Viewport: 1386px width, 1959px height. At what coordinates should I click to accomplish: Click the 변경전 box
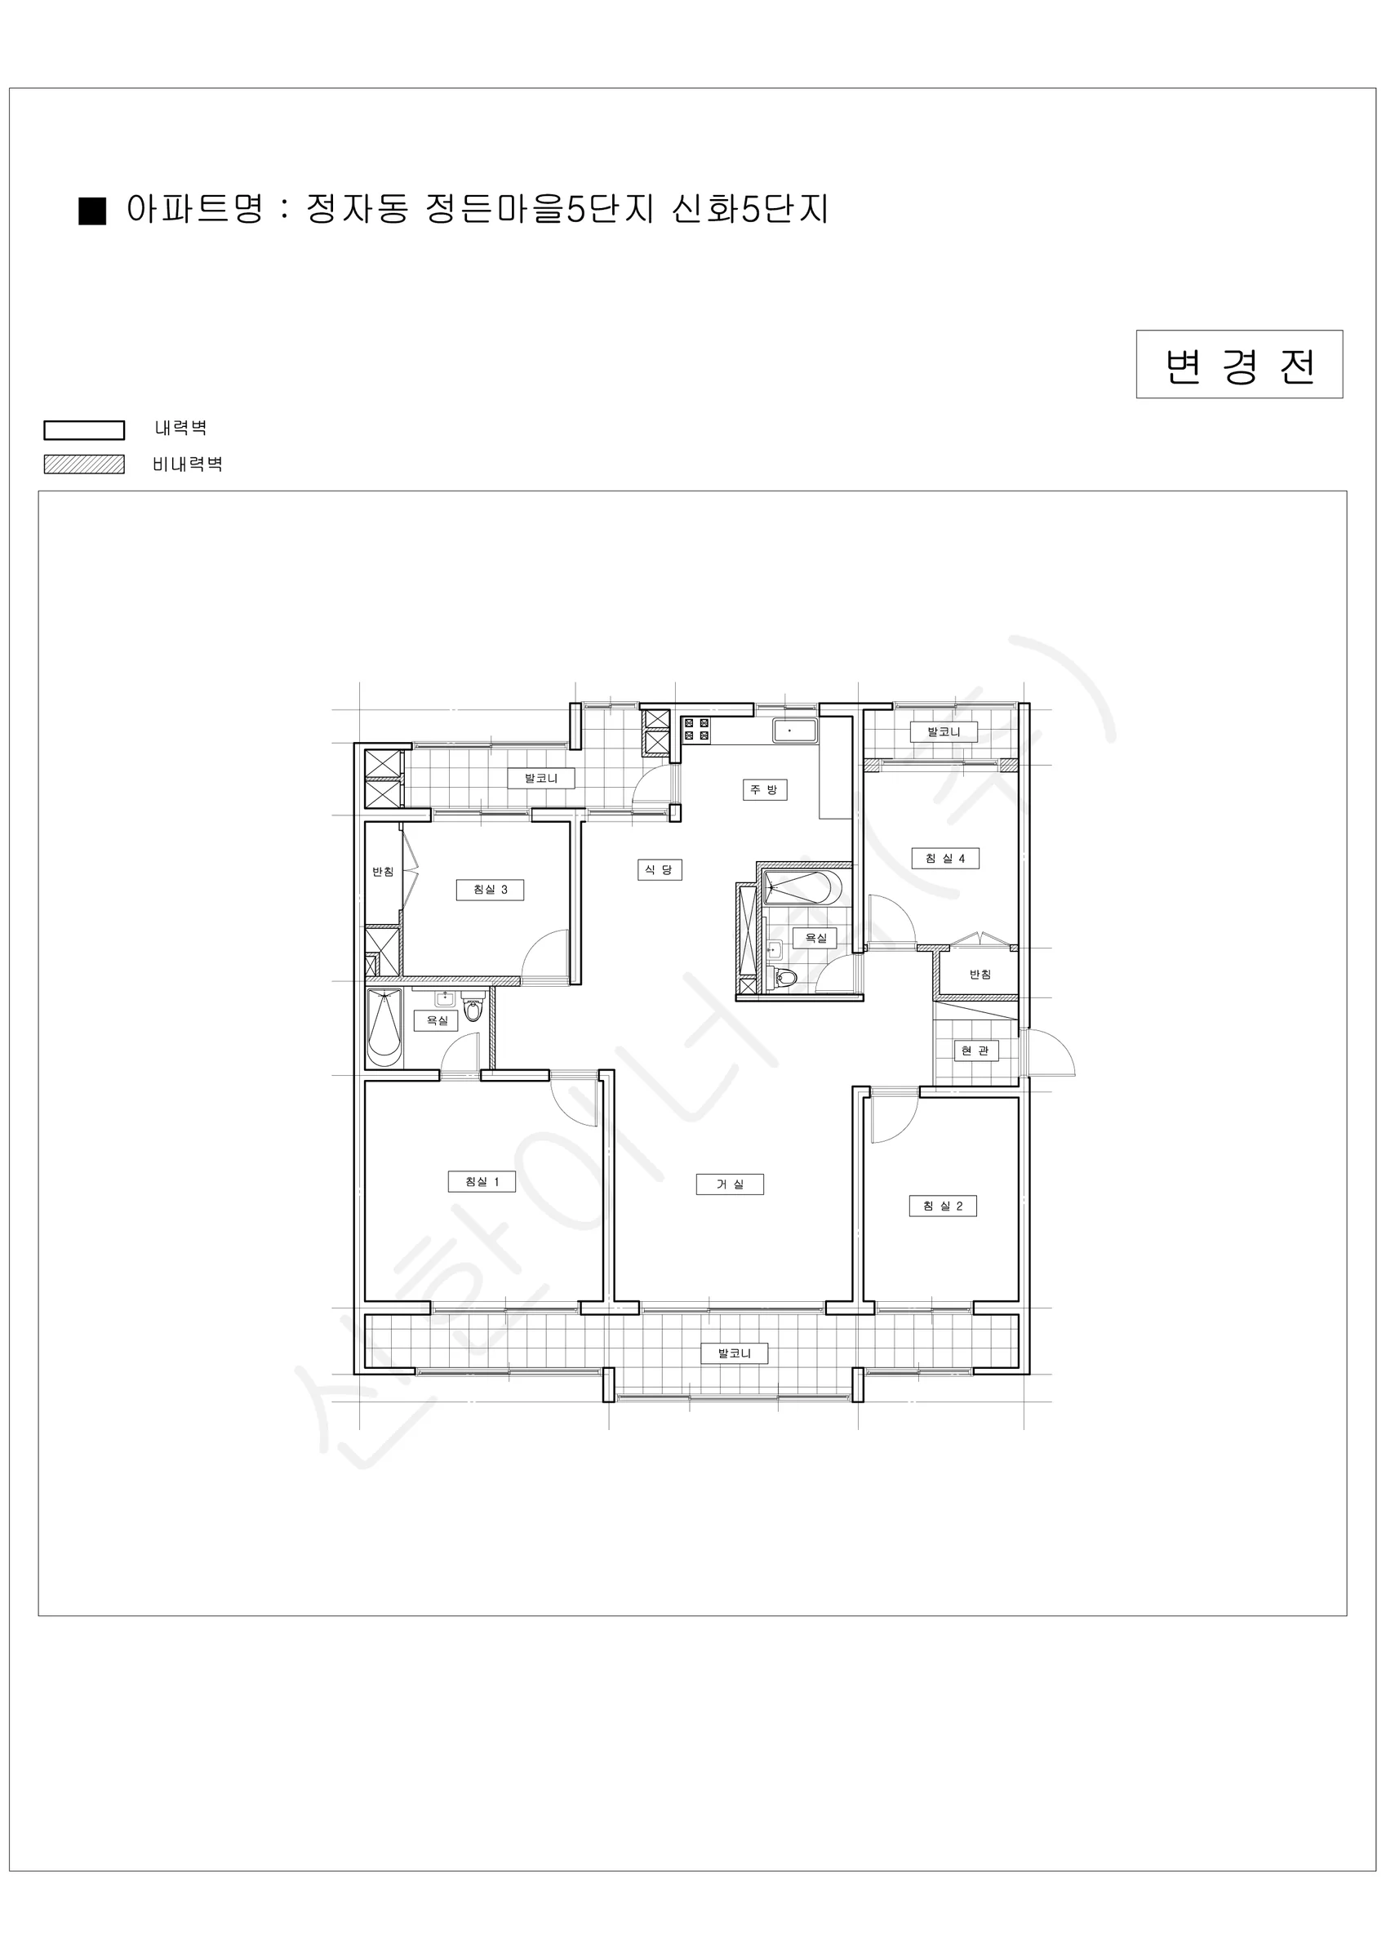(1239, 364)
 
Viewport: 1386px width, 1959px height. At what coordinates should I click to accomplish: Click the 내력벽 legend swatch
(83, 430)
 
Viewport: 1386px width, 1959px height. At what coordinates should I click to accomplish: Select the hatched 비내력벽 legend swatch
(83, 464)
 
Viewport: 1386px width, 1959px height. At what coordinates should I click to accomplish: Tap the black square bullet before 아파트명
(92, 211)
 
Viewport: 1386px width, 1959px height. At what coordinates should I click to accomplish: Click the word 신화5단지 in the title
(750, 209)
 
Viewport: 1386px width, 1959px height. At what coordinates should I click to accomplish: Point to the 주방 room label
(764, 789)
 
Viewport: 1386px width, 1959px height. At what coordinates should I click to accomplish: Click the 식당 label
(659, 869)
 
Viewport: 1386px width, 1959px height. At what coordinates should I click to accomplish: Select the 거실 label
(730, 1184)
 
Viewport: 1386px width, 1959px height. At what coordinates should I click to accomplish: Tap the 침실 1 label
(482, 1182)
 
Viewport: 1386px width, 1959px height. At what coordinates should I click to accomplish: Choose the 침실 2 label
(943, 1206)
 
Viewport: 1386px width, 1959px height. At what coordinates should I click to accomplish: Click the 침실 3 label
(491, 889)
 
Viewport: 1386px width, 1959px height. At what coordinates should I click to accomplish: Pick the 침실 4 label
(945, 859)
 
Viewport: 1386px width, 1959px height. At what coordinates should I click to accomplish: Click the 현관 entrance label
(975, 1051)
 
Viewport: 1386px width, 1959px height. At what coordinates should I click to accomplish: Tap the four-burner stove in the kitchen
(695, 730)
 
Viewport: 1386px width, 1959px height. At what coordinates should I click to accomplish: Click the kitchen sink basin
(794, 731)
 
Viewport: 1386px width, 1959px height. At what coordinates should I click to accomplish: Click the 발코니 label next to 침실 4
(944, 732)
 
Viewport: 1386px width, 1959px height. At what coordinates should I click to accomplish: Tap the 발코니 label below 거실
(735, 1353)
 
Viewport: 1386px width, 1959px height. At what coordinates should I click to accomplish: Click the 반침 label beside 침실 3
(383, 871)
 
